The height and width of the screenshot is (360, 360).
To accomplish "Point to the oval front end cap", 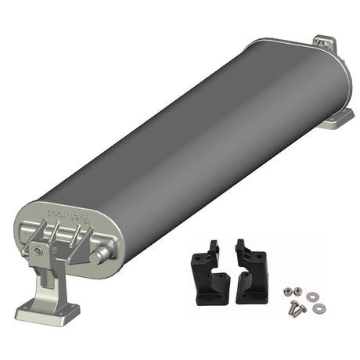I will pos(67,235).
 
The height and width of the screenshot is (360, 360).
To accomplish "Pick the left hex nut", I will pos(289,290).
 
